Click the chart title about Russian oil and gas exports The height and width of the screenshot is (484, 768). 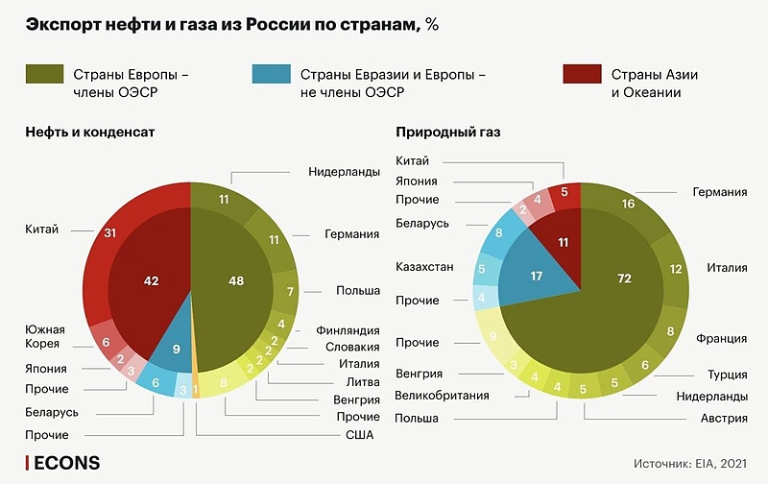tap(231, 25)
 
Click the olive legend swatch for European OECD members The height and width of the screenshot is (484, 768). tap(45, 74)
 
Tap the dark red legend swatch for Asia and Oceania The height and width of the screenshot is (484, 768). tap(580, 74)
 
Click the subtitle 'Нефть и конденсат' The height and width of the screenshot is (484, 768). tap(90, 133)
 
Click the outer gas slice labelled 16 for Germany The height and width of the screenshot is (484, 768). tap(628, 205)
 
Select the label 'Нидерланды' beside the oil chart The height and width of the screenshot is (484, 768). tap(343, 172)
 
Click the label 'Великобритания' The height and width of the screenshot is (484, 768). tap(443, 395)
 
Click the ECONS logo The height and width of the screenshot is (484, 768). tap(62, 464)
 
